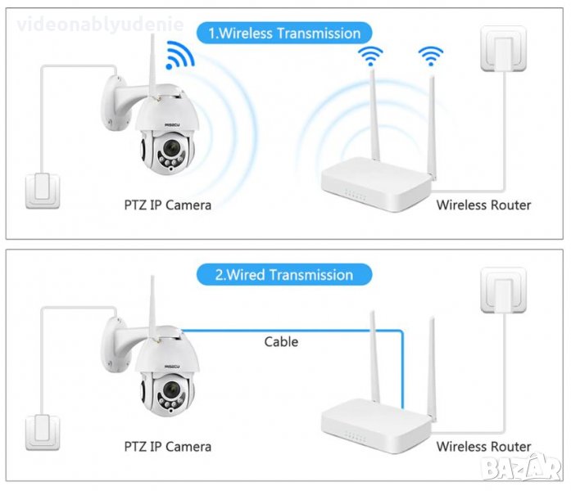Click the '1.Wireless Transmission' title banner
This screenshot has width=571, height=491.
click(284, 34)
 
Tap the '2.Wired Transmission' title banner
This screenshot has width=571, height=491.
click(283, 275)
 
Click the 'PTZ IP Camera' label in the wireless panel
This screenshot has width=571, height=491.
click(167, 205)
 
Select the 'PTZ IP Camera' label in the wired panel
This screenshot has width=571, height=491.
click(167, 447)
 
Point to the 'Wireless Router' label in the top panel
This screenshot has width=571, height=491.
click(483, 205)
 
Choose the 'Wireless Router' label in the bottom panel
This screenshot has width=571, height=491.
click(483, 447)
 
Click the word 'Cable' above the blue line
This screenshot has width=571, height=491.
click(281, 341)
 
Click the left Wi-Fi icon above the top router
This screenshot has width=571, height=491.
click(372, 56)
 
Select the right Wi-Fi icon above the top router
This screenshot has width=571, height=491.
click(430, 56)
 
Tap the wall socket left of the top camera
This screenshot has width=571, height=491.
click(40, 189)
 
